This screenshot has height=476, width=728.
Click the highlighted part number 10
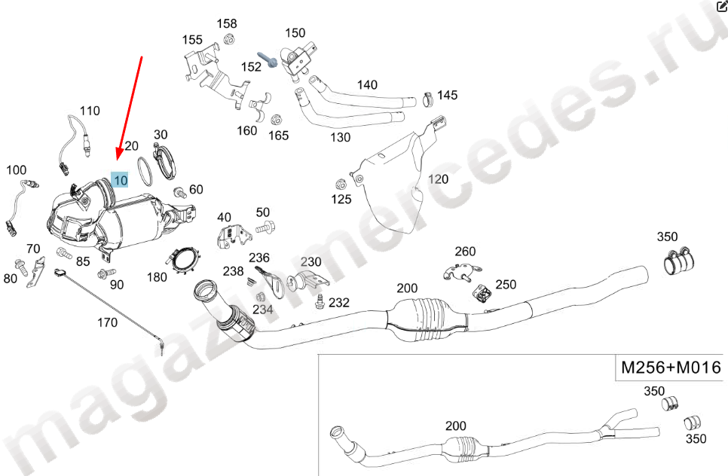click(121, 179)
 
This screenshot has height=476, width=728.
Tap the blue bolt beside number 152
click(268, 59)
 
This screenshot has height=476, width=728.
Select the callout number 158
click(227, 23)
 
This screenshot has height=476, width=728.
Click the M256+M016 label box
click(671, 368)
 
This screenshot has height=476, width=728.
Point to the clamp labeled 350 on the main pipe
click(678, 261)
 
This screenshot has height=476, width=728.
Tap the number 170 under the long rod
click(107, 322)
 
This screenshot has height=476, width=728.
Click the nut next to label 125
click(341, 185)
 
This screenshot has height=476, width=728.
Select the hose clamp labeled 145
click(429, 99)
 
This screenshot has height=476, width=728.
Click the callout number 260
click(465, 251)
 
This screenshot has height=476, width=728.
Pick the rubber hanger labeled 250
click(482, 293)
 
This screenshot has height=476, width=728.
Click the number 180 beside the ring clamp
click(157, 277)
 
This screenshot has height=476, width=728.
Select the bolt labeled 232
click(320, 301)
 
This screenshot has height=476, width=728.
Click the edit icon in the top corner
click(722, 5)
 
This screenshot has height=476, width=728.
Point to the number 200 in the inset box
click(455, 426)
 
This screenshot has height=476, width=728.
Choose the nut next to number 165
click(277, 120)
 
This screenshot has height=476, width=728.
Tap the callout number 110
click(90, 111)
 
